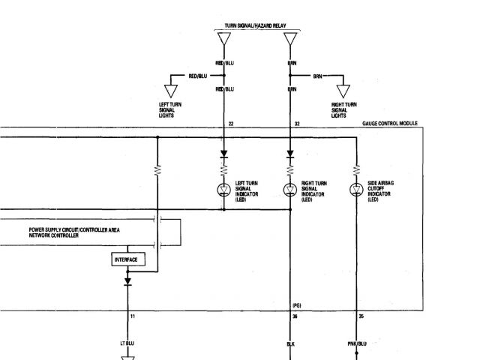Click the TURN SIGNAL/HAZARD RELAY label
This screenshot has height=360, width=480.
click(256, 25)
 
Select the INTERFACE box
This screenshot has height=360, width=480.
click(127, 259)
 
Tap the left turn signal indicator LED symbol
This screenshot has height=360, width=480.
click(224, 189)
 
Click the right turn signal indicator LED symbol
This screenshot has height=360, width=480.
click(290, 189)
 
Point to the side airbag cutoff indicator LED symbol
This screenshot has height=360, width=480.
click(356, 189)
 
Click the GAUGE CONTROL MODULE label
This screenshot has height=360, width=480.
click(389, 123)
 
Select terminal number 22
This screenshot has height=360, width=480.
click(231, 123)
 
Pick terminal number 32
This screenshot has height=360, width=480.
click(297, 123)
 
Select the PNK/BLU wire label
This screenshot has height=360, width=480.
click(357, 343)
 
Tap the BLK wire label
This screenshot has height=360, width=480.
click(291, 343)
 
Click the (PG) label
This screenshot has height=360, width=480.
click(296, 306)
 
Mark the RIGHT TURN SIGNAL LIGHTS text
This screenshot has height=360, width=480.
click(343, 109)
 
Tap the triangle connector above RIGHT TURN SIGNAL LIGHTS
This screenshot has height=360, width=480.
click(343, 91)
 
